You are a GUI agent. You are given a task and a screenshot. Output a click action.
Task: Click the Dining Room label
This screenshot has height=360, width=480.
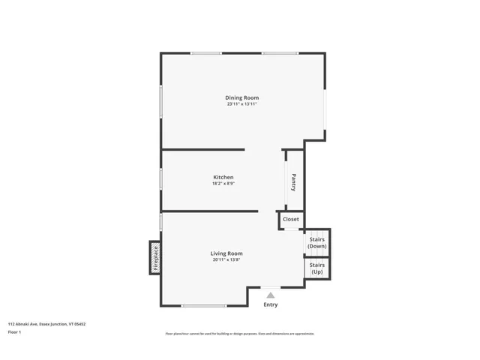pyautogui.click(x=242, y=97)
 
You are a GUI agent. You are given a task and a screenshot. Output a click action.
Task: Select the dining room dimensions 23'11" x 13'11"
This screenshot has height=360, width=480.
pyautogui.click(x=242, y=104)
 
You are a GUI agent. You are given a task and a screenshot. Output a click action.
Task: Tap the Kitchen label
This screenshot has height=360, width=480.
pyautogui.click(x=223, y=177)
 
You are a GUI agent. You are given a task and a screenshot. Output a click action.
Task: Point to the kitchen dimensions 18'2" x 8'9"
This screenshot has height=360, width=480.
pyautogui.click(x=223, y=184)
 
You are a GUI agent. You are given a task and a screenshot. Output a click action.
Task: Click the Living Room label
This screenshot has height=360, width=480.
pyautogui.click(x=226, y=253)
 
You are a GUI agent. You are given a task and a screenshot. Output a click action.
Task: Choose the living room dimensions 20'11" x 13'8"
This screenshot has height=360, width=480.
pyautogui.click(x=226, y=260)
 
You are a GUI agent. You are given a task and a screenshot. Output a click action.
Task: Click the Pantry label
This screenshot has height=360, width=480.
pyautogui.click(x=294, y=182)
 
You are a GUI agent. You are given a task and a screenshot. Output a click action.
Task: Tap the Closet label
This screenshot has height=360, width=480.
pyautogui.click(x=291, y=220)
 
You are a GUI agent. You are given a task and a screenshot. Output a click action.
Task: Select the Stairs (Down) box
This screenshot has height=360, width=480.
pyautogui.click(x=316, y=243)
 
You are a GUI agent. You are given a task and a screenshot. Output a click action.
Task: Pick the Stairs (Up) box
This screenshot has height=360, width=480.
pyautogui.click(x=316, y=268)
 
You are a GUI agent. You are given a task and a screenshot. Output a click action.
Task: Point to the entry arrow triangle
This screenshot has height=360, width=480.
pyautogui.click(x=270, y=295)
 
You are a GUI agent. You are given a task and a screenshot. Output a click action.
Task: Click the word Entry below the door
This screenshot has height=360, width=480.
pyautogui.click(x=270, y=304)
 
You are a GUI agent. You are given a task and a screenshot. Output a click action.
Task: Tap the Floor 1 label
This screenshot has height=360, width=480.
pyautogui.click(x=15, y=331)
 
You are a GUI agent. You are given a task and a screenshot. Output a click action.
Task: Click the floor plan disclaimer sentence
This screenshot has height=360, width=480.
pyautogui.click(x=239, y=334)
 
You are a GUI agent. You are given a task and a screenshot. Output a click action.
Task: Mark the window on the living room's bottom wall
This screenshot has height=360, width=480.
pyautogui.click(x=204, y=305)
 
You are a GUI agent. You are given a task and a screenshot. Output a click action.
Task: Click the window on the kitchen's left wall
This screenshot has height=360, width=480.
pyautogui.click(x=161, y=178)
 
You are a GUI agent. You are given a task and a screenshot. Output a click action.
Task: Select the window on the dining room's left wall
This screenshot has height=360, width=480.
pyautogui.click(x=161, y=109)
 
